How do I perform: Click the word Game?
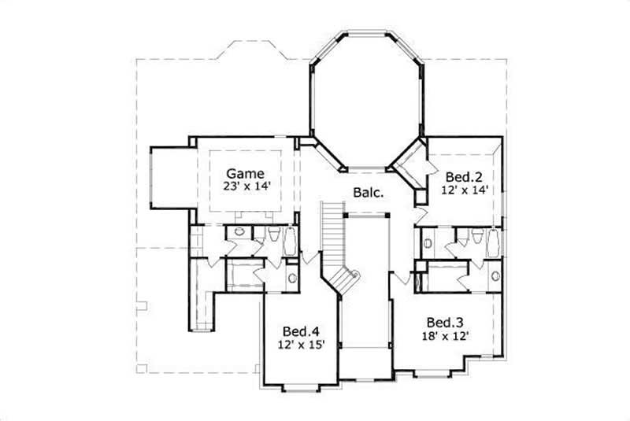tap(245, 173)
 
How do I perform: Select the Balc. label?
tap(368, 193)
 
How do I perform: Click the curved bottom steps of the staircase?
tap(347, 279)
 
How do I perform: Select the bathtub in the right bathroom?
tap(494, 242)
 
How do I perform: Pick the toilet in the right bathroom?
tap(476, 236)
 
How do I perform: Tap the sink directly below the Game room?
tap(238, 234)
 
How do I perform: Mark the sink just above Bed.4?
tap(291, 278)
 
